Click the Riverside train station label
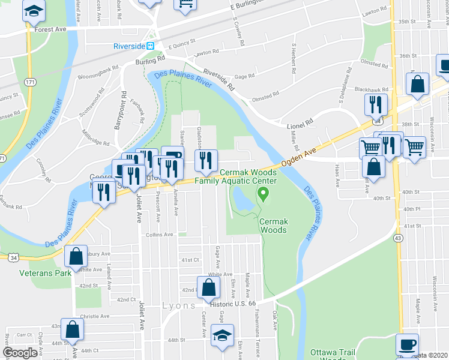pyautogui.click(x=130, y=46)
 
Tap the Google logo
pyautogui.click(x=20, y=353)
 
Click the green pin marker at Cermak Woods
pyautogui.click(x=262, y=193)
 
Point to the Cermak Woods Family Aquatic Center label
pyautogui.click(x=252, y=176)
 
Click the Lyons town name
pyautogui.click(x=178, y=305)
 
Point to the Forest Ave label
pyautogui.click(x=50, y=29)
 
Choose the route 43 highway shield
pyautogui.click(x=397, y=238)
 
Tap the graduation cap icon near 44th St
pyautogui.click(x=222, y=335)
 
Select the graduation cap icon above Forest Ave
pyautogui.click(x=35, y=10)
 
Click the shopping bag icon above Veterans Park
pyautogui.click(x=76, y=257)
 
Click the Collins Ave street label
pyautogui.click(x=159, y=235)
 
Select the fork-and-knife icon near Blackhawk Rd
pyautogui.click(x=376, y=104)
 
